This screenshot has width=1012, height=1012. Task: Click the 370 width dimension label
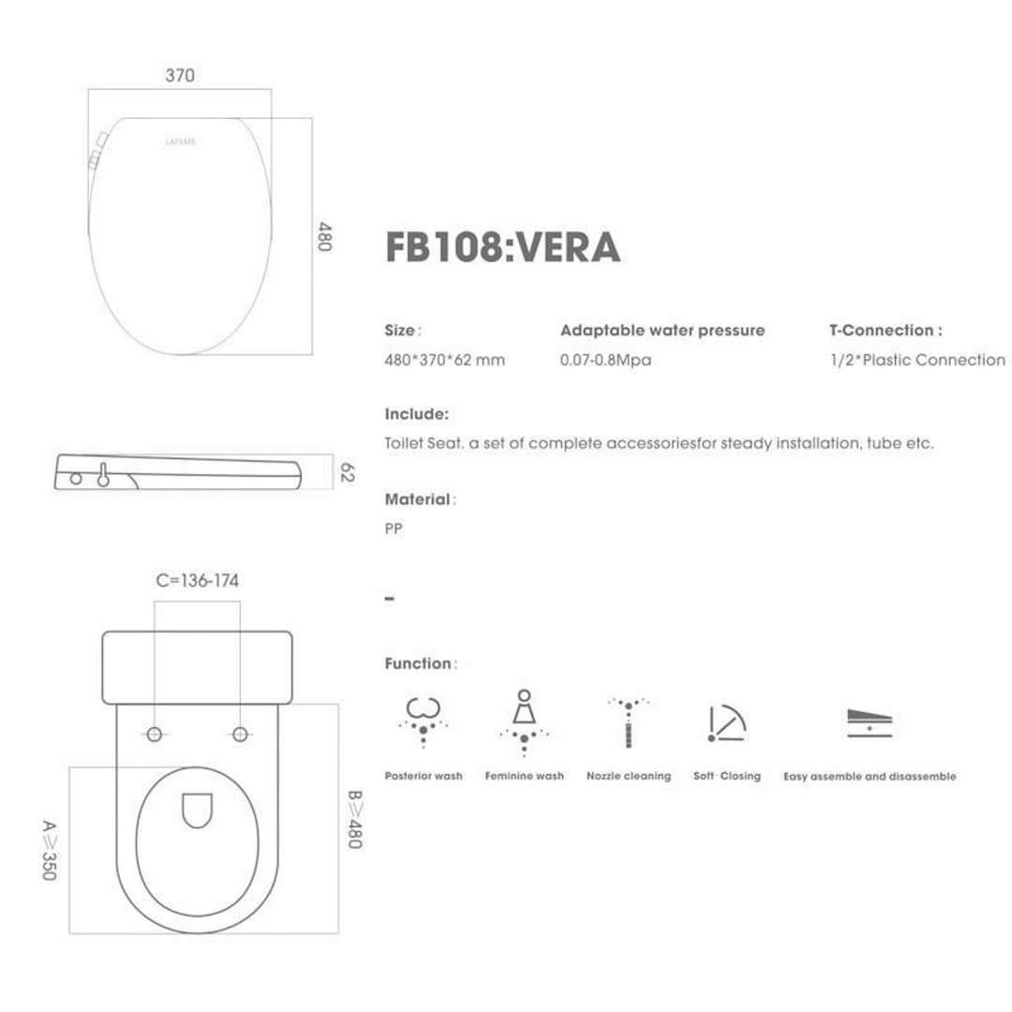click(180, 76)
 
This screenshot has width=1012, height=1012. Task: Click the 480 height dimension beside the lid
click(324, 236)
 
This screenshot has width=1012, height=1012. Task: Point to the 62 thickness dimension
click(346, 472)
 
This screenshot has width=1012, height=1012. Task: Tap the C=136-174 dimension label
click(197, 581)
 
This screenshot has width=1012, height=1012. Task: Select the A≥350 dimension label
click(49, 850)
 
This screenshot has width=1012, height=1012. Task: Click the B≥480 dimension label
click(354, 820)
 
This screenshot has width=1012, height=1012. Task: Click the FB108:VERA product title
click(502, 247)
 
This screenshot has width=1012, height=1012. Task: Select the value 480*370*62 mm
click(444, 361)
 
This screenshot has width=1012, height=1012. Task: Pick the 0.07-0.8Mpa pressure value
click(605, 361)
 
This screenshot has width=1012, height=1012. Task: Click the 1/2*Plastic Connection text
click(916, 361)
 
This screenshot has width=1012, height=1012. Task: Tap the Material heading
click(419, 500)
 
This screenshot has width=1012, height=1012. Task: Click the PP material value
click(394, 529)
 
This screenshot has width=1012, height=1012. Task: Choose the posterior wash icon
click(423, 721)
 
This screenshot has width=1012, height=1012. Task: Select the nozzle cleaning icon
click(628, 722)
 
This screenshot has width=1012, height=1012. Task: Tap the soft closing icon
click(726, 723)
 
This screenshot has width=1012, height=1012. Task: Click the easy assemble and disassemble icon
click(869, 722)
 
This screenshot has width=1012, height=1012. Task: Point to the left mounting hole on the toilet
click(155, 734)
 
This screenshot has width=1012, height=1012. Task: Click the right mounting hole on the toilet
click(240, 734)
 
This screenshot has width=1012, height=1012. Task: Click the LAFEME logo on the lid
click(180, 142)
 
